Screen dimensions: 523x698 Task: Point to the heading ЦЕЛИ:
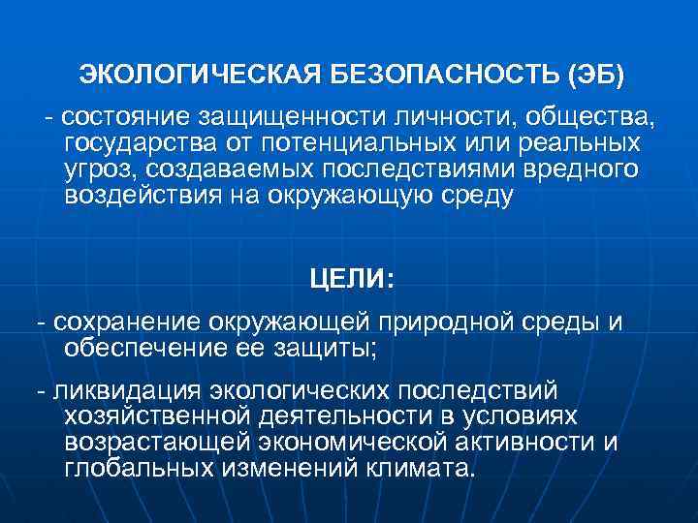coord(351,279)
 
